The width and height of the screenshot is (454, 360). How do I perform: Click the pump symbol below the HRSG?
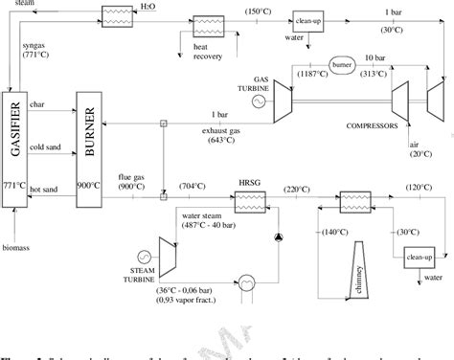coord(279,236)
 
